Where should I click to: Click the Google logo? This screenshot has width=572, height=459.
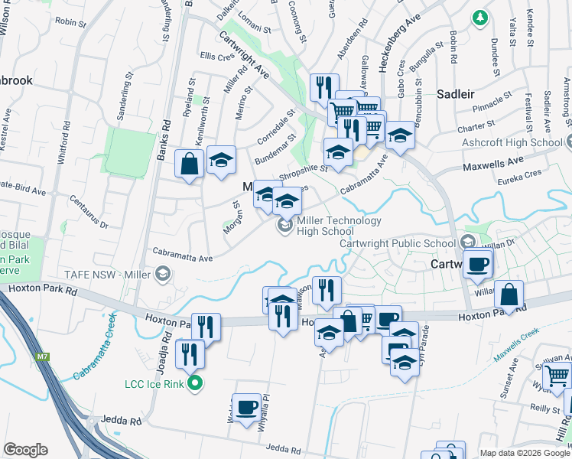(25, 449)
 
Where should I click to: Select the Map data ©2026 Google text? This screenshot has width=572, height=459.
(525, 453)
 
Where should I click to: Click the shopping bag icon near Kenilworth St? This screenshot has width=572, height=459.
(189, 164)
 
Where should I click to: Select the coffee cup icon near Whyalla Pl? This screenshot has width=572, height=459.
(247, 407)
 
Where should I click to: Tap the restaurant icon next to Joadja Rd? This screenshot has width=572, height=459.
(189, 355)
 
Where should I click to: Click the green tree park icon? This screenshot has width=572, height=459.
(480, 17)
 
